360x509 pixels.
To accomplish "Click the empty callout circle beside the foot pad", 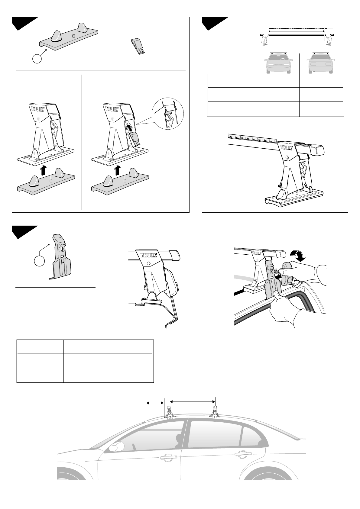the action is [37, 59].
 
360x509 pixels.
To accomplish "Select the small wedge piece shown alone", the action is [138, 47].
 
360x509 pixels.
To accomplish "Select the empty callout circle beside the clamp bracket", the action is [39, 261].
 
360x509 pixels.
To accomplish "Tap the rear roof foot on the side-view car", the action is [215, 413].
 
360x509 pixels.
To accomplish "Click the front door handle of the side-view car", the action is [168, 456].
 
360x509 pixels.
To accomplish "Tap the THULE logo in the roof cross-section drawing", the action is [148, 256].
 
